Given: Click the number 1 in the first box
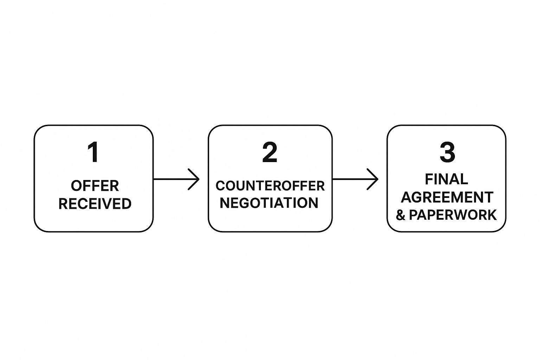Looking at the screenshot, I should [x=93, y=152].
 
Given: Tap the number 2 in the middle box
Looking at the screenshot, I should [x=270, y=152].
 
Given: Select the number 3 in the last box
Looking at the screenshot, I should [x=447, y=152].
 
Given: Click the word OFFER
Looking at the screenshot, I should [x=95, y=186].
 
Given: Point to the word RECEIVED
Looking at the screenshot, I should [x=95, y=204].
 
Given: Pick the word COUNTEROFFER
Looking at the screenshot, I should [x=270, y=186].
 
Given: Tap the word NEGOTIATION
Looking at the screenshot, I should [x=269, y=203].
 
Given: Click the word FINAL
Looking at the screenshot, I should [x=446, y=179].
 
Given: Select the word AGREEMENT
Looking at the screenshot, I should [x=447, y=197].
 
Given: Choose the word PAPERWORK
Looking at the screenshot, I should [x=453, y=215].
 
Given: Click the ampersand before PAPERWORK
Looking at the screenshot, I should [x=400, y=215].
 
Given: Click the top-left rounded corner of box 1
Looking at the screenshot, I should [x=38, y=129].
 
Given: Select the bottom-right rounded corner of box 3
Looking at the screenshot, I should [x=502, y=228].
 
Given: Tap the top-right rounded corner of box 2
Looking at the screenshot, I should [x=328, y=129].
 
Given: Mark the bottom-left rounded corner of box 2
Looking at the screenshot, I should [x=212, y=228].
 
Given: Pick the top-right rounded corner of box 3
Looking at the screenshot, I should [x=502, y=129].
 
